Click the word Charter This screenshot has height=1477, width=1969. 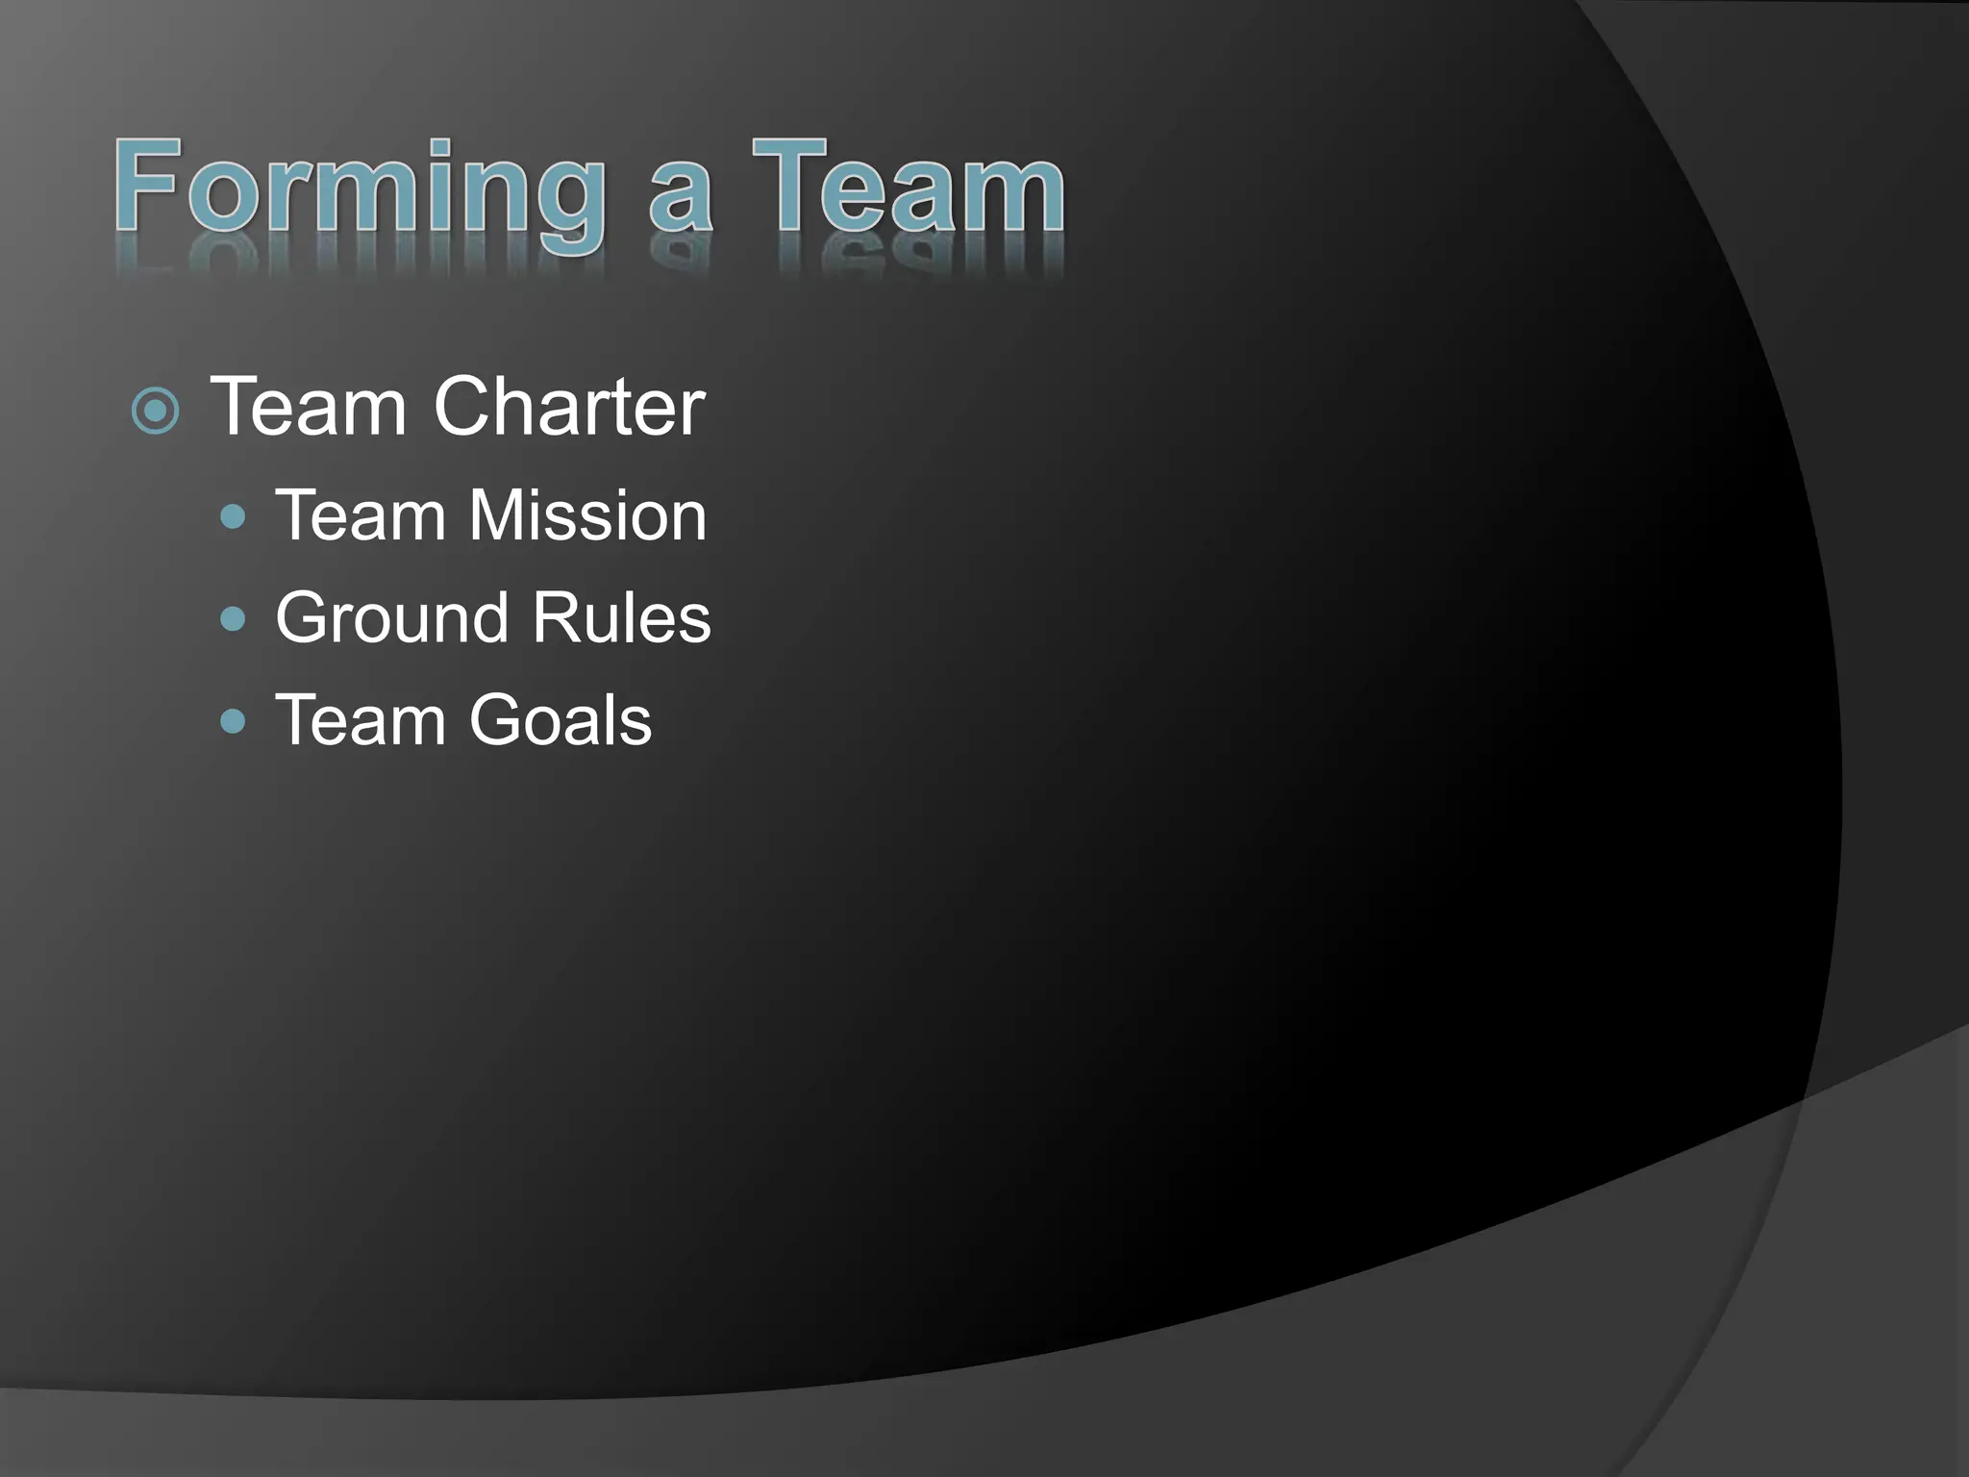click(569, 407)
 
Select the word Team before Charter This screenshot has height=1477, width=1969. click(309, 407)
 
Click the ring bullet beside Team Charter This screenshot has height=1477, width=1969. click(155, 412)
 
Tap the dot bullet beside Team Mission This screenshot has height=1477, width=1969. click(233, 517)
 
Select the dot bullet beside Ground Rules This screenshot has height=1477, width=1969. click(233, 618)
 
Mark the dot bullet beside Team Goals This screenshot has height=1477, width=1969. click(233, 720)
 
